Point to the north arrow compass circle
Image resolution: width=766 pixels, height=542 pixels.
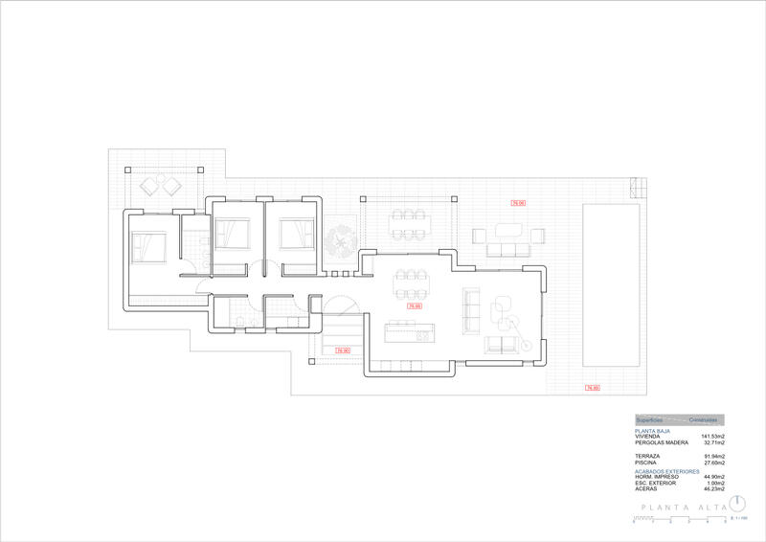(x=737, y=504)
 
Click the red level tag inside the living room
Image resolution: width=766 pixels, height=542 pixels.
(x=415, y=306)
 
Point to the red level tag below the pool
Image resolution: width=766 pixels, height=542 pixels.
(x=592, y=388)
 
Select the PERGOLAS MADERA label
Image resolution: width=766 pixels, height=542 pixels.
(x=662, y=443)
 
